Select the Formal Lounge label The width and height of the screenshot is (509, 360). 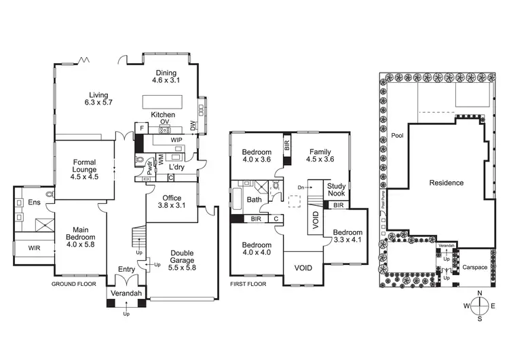85,167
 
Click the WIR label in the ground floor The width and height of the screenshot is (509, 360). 34,248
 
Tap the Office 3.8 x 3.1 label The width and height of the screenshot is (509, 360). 172,201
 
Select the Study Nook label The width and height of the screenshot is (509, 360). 337,190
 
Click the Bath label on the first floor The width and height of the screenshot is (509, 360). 254,200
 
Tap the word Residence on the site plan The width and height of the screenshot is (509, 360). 446,183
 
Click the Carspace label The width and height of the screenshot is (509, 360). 475,268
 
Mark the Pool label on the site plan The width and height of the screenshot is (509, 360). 397,135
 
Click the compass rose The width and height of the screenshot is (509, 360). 479,305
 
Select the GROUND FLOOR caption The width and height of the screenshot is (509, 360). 74,284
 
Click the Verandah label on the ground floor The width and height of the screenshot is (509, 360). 126,293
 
